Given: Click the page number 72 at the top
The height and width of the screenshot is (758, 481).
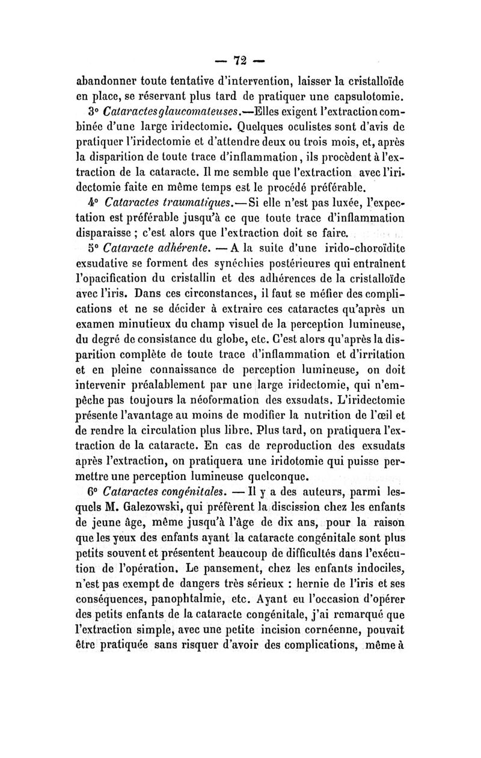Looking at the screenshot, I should [240, 61].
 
